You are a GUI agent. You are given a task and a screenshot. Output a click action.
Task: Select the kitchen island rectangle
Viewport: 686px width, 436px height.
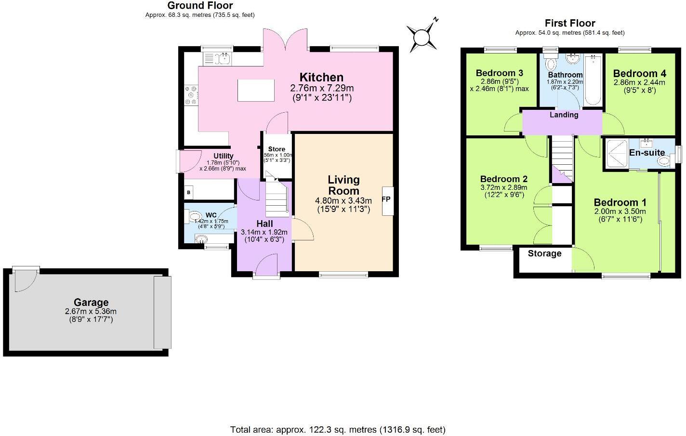click(x=256, y=90)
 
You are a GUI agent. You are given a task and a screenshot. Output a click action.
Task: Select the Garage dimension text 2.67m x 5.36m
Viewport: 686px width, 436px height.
click(x=91, y=311)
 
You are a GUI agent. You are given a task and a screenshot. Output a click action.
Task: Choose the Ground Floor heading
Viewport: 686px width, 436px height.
click(x=200, y=6)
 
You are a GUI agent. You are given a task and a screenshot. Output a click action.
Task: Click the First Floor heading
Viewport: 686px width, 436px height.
click(x=570, y=23)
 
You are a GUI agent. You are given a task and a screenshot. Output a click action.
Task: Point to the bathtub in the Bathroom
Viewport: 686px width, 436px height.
click(x=593, y=80)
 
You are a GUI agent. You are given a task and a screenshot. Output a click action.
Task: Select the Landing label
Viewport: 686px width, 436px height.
click(x=564, y=115)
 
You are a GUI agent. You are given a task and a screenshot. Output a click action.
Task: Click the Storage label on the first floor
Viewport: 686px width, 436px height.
click(x=544, y=253)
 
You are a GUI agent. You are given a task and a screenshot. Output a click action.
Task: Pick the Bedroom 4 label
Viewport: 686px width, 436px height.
click(x=639, y=74)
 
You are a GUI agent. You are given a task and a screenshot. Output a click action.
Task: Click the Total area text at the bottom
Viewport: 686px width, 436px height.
click(x=338, y=429)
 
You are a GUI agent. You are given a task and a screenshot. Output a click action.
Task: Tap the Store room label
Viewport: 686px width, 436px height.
click(x=277, y=149)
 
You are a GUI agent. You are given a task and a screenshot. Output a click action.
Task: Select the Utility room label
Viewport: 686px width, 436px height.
click(x=224, y=156)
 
